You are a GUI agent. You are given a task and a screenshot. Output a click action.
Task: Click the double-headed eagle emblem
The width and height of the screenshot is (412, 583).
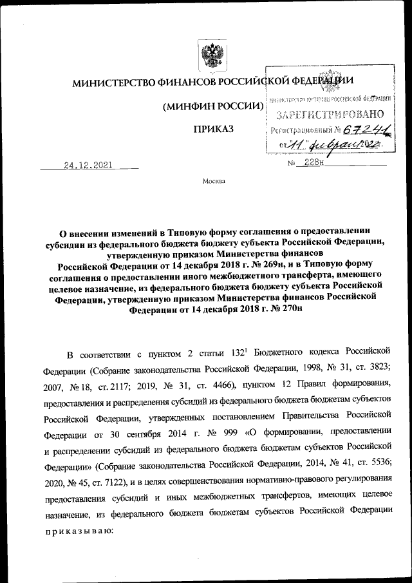pyautogui.click(x=210, y=57)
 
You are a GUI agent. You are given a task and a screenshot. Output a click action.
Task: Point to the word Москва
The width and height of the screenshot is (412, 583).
pyautogui.click(x=214, y=182)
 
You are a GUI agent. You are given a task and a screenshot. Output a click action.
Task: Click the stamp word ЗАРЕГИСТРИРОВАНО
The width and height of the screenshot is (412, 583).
pyautogui.click(x=330, y=116)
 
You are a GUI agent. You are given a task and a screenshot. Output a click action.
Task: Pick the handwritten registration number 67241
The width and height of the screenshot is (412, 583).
pyautogui.click(x=368, y=130)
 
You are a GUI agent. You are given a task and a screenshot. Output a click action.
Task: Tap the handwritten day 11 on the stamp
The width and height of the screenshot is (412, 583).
pyautogui.click(x=297, y=146)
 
